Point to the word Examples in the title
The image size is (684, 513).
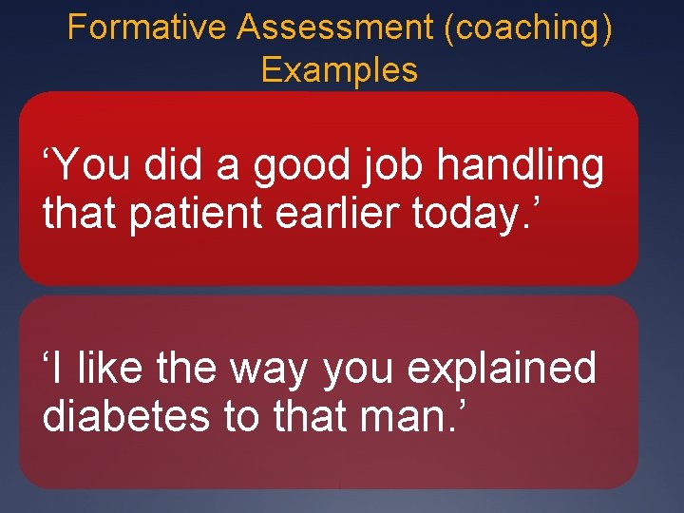click(x=339, y=70)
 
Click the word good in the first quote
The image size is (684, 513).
click(x=292, y=166)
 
